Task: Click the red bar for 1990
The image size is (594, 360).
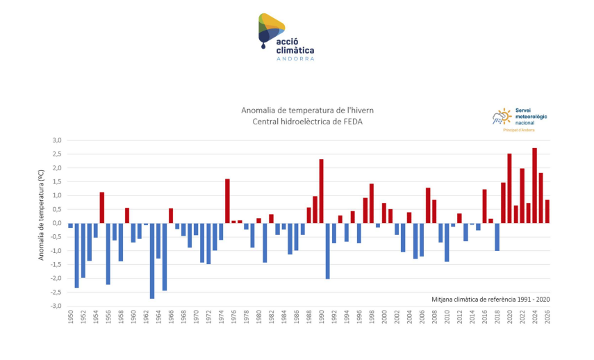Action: click(322, 191)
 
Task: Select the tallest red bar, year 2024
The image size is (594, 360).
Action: click(534, 186)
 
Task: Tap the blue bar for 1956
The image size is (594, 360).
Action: click(108, 254)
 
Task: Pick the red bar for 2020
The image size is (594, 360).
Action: click(509, 188)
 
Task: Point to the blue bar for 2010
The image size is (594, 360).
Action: click(447, 243)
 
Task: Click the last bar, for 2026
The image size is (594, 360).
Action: click(547, 211)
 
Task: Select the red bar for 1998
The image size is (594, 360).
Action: click(372, 204)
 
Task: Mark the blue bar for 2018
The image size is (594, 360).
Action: click(497, 237)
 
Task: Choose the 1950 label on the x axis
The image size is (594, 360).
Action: click(71, 316)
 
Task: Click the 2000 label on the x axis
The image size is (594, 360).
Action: click(384, 316)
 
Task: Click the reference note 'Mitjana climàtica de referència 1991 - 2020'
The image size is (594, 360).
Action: click(490, 300)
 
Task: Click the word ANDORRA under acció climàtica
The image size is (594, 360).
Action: click(295, 58)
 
